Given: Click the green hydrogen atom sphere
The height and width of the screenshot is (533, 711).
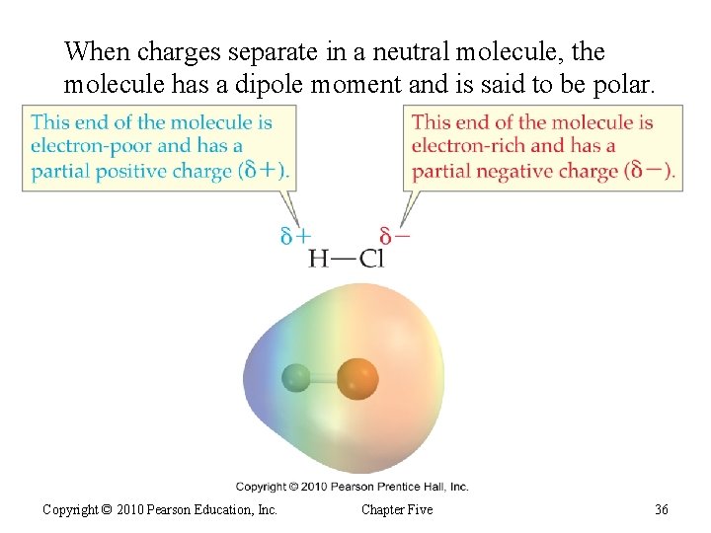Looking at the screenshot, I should (x=296, y=377).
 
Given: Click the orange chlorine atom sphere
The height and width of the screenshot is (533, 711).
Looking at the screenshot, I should (x=357, y=378).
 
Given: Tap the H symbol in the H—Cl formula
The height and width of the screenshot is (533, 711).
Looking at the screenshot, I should (x=319, y=259).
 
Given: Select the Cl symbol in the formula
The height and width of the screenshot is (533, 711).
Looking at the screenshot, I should (x=371, y=259).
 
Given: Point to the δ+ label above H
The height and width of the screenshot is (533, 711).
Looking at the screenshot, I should (x=295, y=237).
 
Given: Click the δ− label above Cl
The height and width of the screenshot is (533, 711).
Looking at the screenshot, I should (x=395, y=237).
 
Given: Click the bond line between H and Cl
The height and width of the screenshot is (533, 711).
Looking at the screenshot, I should (x=344, y=260).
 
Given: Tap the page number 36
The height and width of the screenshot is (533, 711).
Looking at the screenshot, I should (x=661, y=509).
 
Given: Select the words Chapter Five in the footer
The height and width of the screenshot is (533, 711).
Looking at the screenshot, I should (x=397, y=509).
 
